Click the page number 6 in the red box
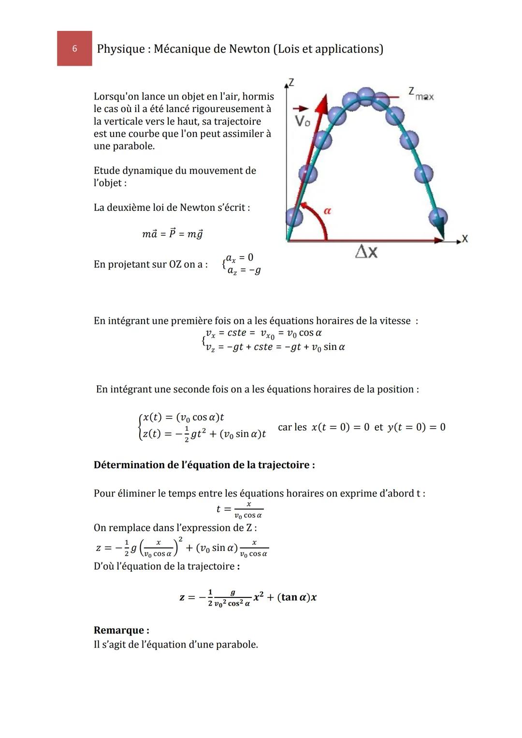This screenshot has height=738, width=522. tap(74, 48)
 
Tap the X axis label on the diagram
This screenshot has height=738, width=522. tap(465, 238)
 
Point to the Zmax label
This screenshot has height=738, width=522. tap(420, 94)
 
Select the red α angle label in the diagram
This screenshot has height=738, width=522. tap(328, 211)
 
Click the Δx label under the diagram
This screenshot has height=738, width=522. tap(366, 252)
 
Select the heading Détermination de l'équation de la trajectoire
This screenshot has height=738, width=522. tap(204, 465)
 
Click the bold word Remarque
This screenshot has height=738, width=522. tap(121, 630)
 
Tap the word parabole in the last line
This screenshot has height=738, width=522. tap(236, 645)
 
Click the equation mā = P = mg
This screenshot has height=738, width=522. tap(172, 234)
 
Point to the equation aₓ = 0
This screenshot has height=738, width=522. tap(240, 258)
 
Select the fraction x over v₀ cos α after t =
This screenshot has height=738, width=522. tap(248, 510)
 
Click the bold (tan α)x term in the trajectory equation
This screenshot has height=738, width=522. tap(297, 597)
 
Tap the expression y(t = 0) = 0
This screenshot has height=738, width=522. tap(416, 427)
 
